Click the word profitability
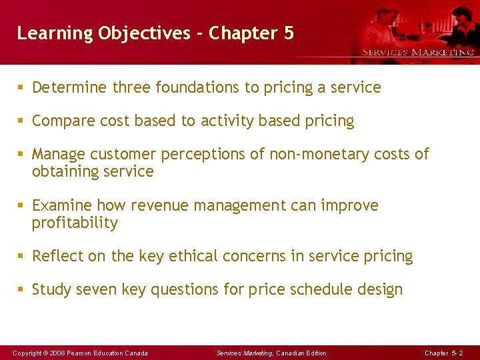coord(75,223)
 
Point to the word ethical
coord(202,256)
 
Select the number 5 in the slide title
coord(288,33)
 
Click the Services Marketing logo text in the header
coord(418,52)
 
